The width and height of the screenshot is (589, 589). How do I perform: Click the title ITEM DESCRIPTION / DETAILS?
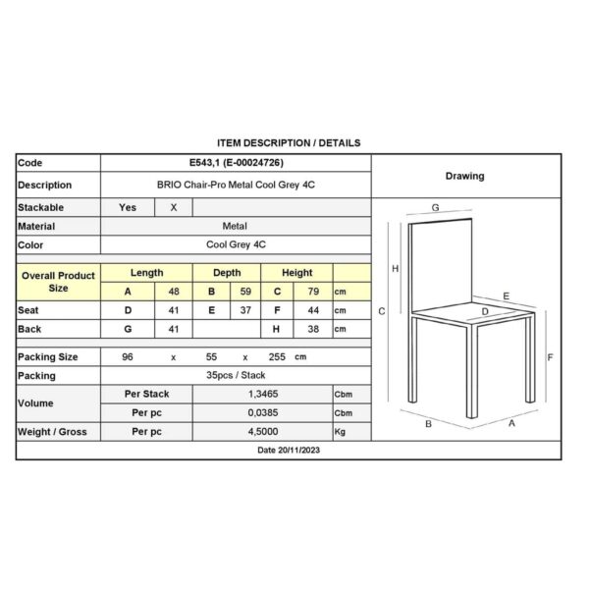(x=288, y=143)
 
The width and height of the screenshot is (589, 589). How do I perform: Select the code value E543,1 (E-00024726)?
(x=236, y=163)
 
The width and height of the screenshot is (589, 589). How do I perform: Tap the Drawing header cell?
(x=465, y=177)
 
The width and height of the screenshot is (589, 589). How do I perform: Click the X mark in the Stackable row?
(x=174, y=208)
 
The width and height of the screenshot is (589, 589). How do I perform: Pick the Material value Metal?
(x=236, y=226)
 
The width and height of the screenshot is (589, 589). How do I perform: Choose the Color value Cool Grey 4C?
(x=236, y=244)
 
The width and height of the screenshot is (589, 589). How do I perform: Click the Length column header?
(x=147, y=273)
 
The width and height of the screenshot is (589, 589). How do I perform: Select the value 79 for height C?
(x=315, y=292)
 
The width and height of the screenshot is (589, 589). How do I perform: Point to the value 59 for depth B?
(x=246, y=292)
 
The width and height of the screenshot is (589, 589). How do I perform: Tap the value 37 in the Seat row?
(x=246, y=310)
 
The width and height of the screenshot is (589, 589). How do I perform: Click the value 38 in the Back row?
(x=315, y=329)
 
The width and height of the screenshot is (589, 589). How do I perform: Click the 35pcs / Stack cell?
(x=236, y=375)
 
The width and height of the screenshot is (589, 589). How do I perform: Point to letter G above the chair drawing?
(x=435, y=208)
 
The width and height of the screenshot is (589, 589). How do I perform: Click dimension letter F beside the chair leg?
(x=551, y=357)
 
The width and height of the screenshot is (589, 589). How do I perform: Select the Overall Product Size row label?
(x=58, y=283)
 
